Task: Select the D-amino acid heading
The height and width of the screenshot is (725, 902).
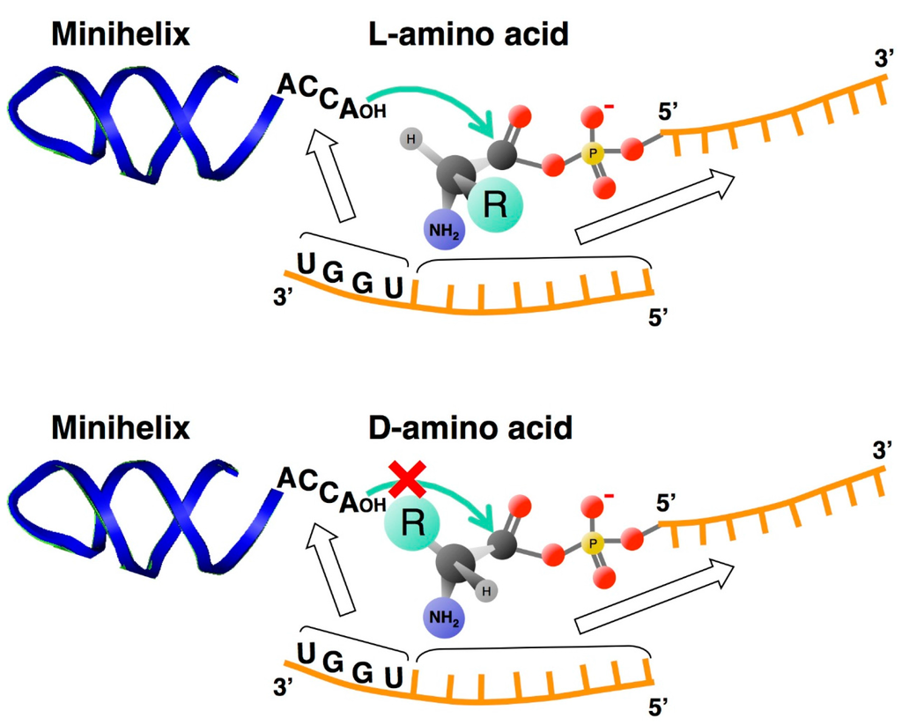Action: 469,429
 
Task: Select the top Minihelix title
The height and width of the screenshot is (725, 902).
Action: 121,34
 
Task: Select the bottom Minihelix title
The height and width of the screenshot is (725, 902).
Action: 121,429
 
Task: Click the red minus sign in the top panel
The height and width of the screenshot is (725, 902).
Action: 609,108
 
